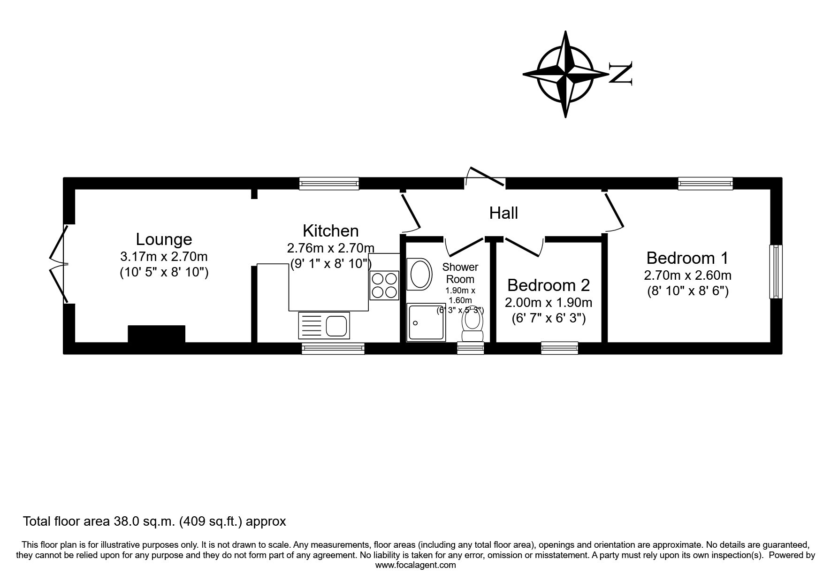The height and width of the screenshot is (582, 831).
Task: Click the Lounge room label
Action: tap(164, 239)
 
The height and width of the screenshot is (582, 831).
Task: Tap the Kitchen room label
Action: tap(330, 231)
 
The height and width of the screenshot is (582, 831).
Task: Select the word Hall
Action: tap(503, 213)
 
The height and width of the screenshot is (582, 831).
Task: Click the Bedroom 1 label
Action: tap(687, 258)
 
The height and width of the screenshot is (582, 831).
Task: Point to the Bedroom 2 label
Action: tap(548, 285)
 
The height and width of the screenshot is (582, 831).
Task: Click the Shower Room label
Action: tap(460, 273)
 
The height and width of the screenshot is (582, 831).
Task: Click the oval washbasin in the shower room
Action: tap(420, 274)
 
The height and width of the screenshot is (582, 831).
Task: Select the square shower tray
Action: tap(427, 322)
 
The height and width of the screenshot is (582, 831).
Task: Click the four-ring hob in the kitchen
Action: tap(384, 285)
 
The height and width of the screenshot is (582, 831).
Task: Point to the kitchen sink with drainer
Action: tap(324, 325)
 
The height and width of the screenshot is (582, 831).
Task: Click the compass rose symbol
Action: tap(565, 74)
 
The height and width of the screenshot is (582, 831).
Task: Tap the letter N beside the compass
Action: tap(620, 73)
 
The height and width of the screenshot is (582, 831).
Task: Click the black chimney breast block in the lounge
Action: tap(157, 334)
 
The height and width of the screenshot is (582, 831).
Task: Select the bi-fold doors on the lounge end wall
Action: tap(60, 264)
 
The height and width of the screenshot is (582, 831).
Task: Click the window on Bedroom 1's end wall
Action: tap(776, 271)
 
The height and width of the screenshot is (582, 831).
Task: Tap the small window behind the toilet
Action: tap(470, 348)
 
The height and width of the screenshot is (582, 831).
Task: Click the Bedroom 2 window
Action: tap(559, 348)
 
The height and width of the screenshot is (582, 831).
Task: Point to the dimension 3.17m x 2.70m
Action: tap(164, 257)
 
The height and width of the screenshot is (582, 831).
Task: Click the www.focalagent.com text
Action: tap(416, 565)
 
